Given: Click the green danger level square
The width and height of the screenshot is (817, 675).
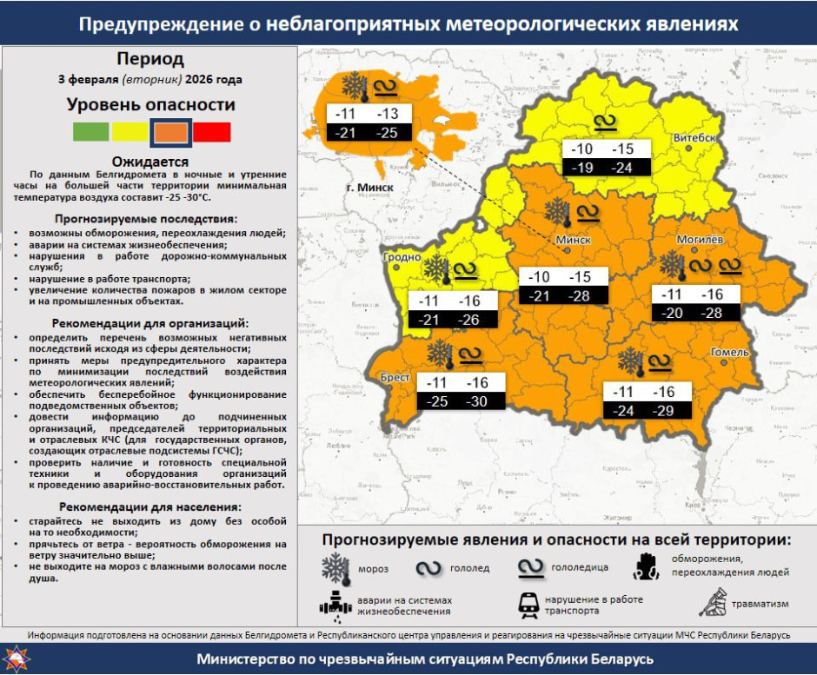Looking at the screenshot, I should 90,132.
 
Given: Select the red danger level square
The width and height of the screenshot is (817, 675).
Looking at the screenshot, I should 211,132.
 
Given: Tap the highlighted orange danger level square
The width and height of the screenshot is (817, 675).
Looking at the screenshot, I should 170,132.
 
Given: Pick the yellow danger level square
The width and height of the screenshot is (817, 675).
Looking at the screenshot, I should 130,132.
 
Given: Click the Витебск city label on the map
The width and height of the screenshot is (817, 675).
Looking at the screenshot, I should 695,139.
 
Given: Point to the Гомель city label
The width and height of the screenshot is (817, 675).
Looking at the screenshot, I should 729,353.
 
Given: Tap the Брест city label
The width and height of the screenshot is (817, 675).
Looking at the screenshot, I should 395,378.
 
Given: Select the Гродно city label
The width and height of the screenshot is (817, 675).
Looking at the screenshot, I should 401,258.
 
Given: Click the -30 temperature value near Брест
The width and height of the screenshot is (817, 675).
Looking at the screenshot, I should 477,402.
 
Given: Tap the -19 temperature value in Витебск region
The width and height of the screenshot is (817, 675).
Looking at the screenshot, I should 582,168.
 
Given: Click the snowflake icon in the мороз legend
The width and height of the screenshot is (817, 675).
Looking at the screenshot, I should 335,568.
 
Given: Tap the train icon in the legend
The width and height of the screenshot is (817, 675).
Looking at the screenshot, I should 527,605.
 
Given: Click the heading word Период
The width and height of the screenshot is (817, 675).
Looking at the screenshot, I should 150,59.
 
